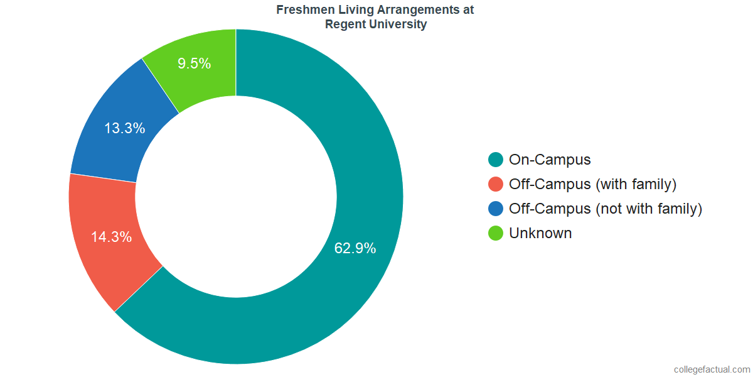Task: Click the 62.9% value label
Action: click(355, 248)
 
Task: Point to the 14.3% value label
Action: click(111, 238)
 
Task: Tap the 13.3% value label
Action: click(124, 129)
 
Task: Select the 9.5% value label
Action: click(194, 63)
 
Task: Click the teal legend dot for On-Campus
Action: click(496, 160)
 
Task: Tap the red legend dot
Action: click(496, 184)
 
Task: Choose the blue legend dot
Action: click(496, 209)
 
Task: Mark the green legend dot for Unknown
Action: click(496, 233)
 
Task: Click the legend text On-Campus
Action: click(550, 160)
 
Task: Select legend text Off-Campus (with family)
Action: click(592, 184)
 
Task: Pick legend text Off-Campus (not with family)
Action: click(605, 209)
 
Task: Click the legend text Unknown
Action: click(540, 233)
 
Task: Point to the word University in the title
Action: click(398, 25)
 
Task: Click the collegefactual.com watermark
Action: click(712, 369)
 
